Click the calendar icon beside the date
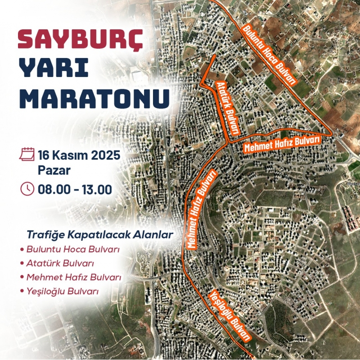[x=27, y=155]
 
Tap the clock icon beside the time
[x=27, y=188]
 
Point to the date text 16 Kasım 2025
[x=79, y=156]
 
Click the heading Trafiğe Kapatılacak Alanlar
[x=100, y=234]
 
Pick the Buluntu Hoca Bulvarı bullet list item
[x=76, y=249]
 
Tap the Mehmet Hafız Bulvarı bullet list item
[x=74, y=277]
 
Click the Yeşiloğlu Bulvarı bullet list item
[x=63, y=291]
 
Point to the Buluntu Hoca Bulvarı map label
[x=270, y=53]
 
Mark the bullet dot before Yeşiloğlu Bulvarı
[x=22, y=292]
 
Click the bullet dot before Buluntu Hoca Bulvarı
[x=22, y=249]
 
